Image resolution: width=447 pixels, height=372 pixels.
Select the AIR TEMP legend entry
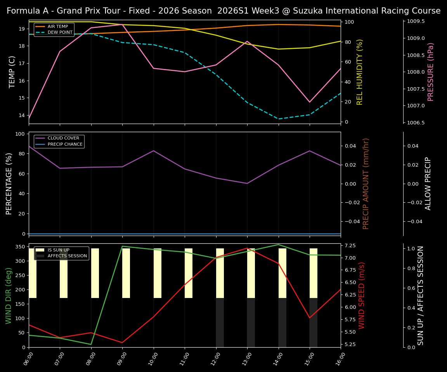58,27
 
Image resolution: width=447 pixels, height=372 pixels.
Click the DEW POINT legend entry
60,33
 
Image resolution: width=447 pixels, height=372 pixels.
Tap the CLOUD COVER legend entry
63,138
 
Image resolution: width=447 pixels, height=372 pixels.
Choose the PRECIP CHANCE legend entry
65,145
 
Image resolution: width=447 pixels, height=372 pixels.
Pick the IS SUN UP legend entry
59,250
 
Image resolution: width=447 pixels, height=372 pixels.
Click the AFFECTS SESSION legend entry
67,256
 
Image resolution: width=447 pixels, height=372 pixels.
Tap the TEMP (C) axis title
12,72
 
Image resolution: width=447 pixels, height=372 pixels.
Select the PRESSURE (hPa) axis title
431,72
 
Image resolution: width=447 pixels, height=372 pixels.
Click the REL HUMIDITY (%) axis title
360,72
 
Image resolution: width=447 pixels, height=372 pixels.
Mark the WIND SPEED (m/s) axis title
362,295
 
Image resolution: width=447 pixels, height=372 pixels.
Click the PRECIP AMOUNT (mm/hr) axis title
366,183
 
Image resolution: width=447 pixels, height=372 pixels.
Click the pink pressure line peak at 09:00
122,24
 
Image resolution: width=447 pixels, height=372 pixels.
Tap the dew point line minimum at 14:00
278,119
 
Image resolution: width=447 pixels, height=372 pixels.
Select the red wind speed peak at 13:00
247,248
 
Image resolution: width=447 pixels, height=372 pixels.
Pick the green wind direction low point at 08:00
91,344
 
